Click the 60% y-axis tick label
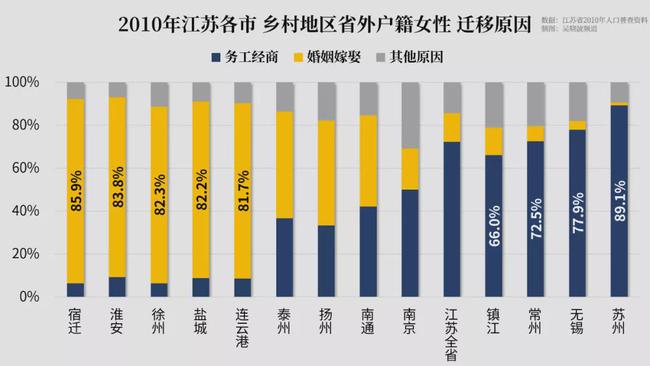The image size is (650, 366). tap(24, 168)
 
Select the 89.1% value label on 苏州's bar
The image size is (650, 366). tap(620, 199)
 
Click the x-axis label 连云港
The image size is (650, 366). tap(243, 328)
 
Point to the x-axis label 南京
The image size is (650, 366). tap(410, 321)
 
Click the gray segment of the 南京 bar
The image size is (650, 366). tap(410, 115)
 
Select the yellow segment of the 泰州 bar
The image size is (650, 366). tap(285, 164)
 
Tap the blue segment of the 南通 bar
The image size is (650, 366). tap(368, 251)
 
